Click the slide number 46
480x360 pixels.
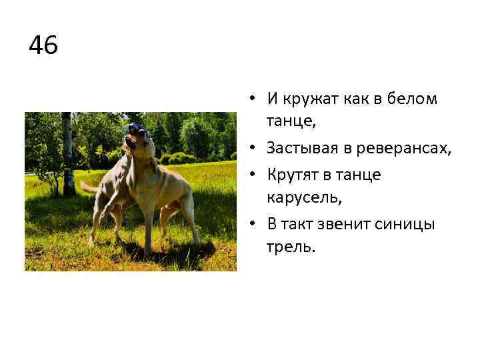coord(44,46)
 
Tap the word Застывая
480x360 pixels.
coord(301,149)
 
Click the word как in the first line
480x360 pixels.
coord(359,99)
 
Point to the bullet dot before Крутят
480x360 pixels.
coord(255,175)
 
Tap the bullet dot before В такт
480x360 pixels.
coord(255,224)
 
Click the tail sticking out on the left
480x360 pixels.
coord(87,186)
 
